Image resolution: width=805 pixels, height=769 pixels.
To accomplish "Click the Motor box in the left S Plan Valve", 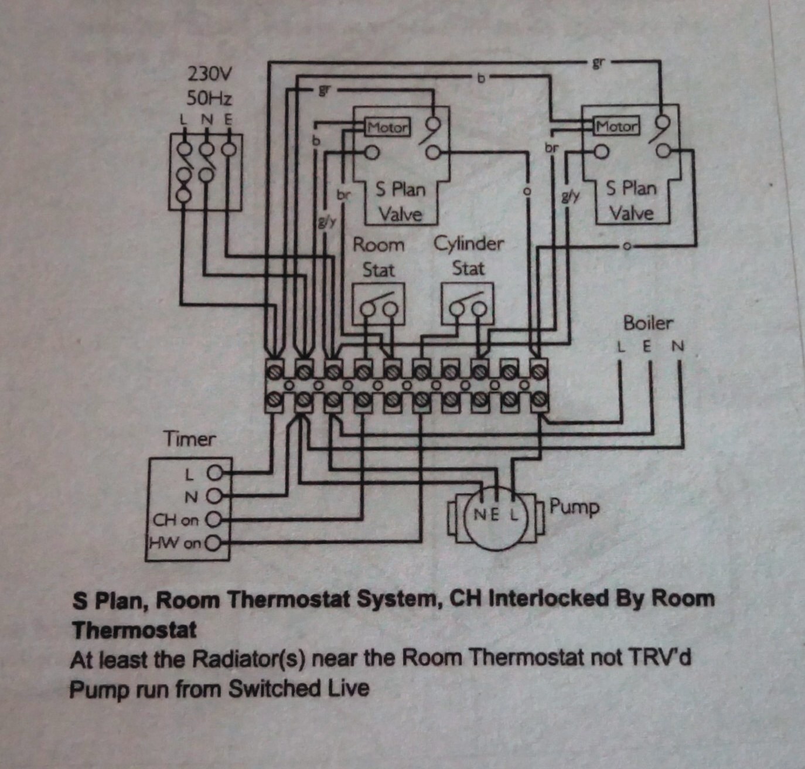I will pos(387,127).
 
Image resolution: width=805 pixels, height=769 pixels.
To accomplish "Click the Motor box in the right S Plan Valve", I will pos(616,125).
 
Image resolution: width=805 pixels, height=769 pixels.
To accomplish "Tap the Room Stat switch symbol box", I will pos(378,304).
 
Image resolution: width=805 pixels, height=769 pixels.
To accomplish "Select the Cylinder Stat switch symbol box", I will pos(467,304).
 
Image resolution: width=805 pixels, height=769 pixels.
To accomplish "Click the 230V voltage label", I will pos(209,74).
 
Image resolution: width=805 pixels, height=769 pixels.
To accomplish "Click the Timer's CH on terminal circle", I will pos(213,519).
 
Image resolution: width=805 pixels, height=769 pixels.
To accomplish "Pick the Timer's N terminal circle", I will pos(213,496).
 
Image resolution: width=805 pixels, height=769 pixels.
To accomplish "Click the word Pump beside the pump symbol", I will pos(574,507).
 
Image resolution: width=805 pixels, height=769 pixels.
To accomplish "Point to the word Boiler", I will pos(648,323).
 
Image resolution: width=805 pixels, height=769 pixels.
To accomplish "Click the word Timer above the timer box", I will pos(189,439).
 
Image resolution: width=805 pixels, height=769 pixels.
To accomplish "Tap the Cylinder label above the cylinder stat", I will pos(469,243).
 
